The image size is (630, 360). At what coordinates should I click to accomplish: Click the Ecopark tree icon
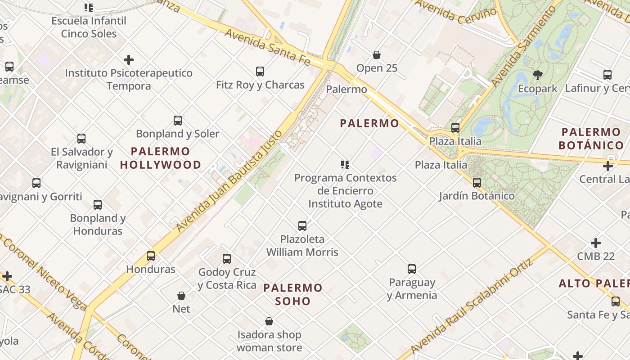click(x=537, y=75)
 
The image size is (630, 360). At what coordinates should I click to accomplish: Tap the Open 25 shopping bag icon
click(x=377, y=55)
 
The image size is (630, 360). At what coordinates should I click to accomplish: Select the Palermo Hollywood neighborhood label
click(x=161, y=158)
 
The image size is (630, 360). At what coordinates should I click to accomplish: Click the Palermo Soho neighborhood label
click(x=293, y=294)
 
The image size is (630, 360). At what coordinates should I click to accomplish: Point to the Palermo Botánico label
click(x=591, y=139)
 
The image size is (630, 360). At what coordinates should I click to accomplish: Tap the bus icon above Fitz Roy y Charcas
click(x=260, y=71)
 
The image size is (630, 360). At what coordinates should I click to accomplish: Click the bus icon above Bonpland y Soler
click(x=178, y=120)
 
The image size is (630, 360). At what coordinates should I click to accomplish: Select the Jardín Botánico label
click(x=477, y=196)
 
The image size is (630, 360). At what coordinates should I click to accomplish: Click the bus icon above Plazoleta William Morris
click(x=302, y=225)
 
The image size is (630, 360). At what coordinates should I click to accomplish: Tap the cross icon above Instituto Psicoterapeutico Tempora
click(x=129, y=59)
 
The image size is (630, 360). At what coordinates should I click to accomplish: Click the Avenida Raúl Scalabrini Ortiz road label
click(x=472, y=306)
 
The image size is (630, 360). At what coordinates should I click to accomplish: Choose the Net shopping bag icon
click(x=181, y=296)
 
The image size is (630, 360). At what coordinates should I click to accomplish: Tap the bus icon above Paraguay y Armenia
click(x=412, y=269)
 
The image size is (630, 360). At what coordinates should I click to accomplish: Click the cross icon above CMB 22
click(x=596, y=243)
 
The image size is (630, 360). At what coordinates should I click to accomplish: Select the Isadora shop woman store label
click(x=269, y=341)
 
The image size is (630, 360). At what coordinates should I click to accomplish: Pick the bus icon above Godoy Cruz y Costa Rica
click(x=227, y=258)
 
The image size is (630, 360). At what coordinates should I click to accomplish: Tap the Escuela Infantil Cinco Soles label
click(x=89, y=27)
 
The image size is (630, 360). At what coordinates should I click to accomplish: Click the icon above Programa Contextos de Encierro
click(x=345, y=164)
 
